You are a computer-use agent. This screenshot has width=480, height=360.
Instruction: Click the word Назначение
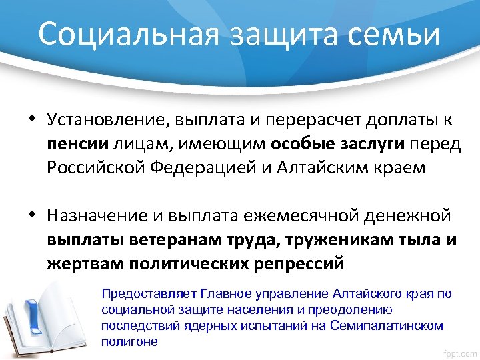[x=102, y=217]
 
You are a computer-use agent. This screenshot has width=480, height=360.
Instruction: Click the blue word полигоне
[x=129, y=341]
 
